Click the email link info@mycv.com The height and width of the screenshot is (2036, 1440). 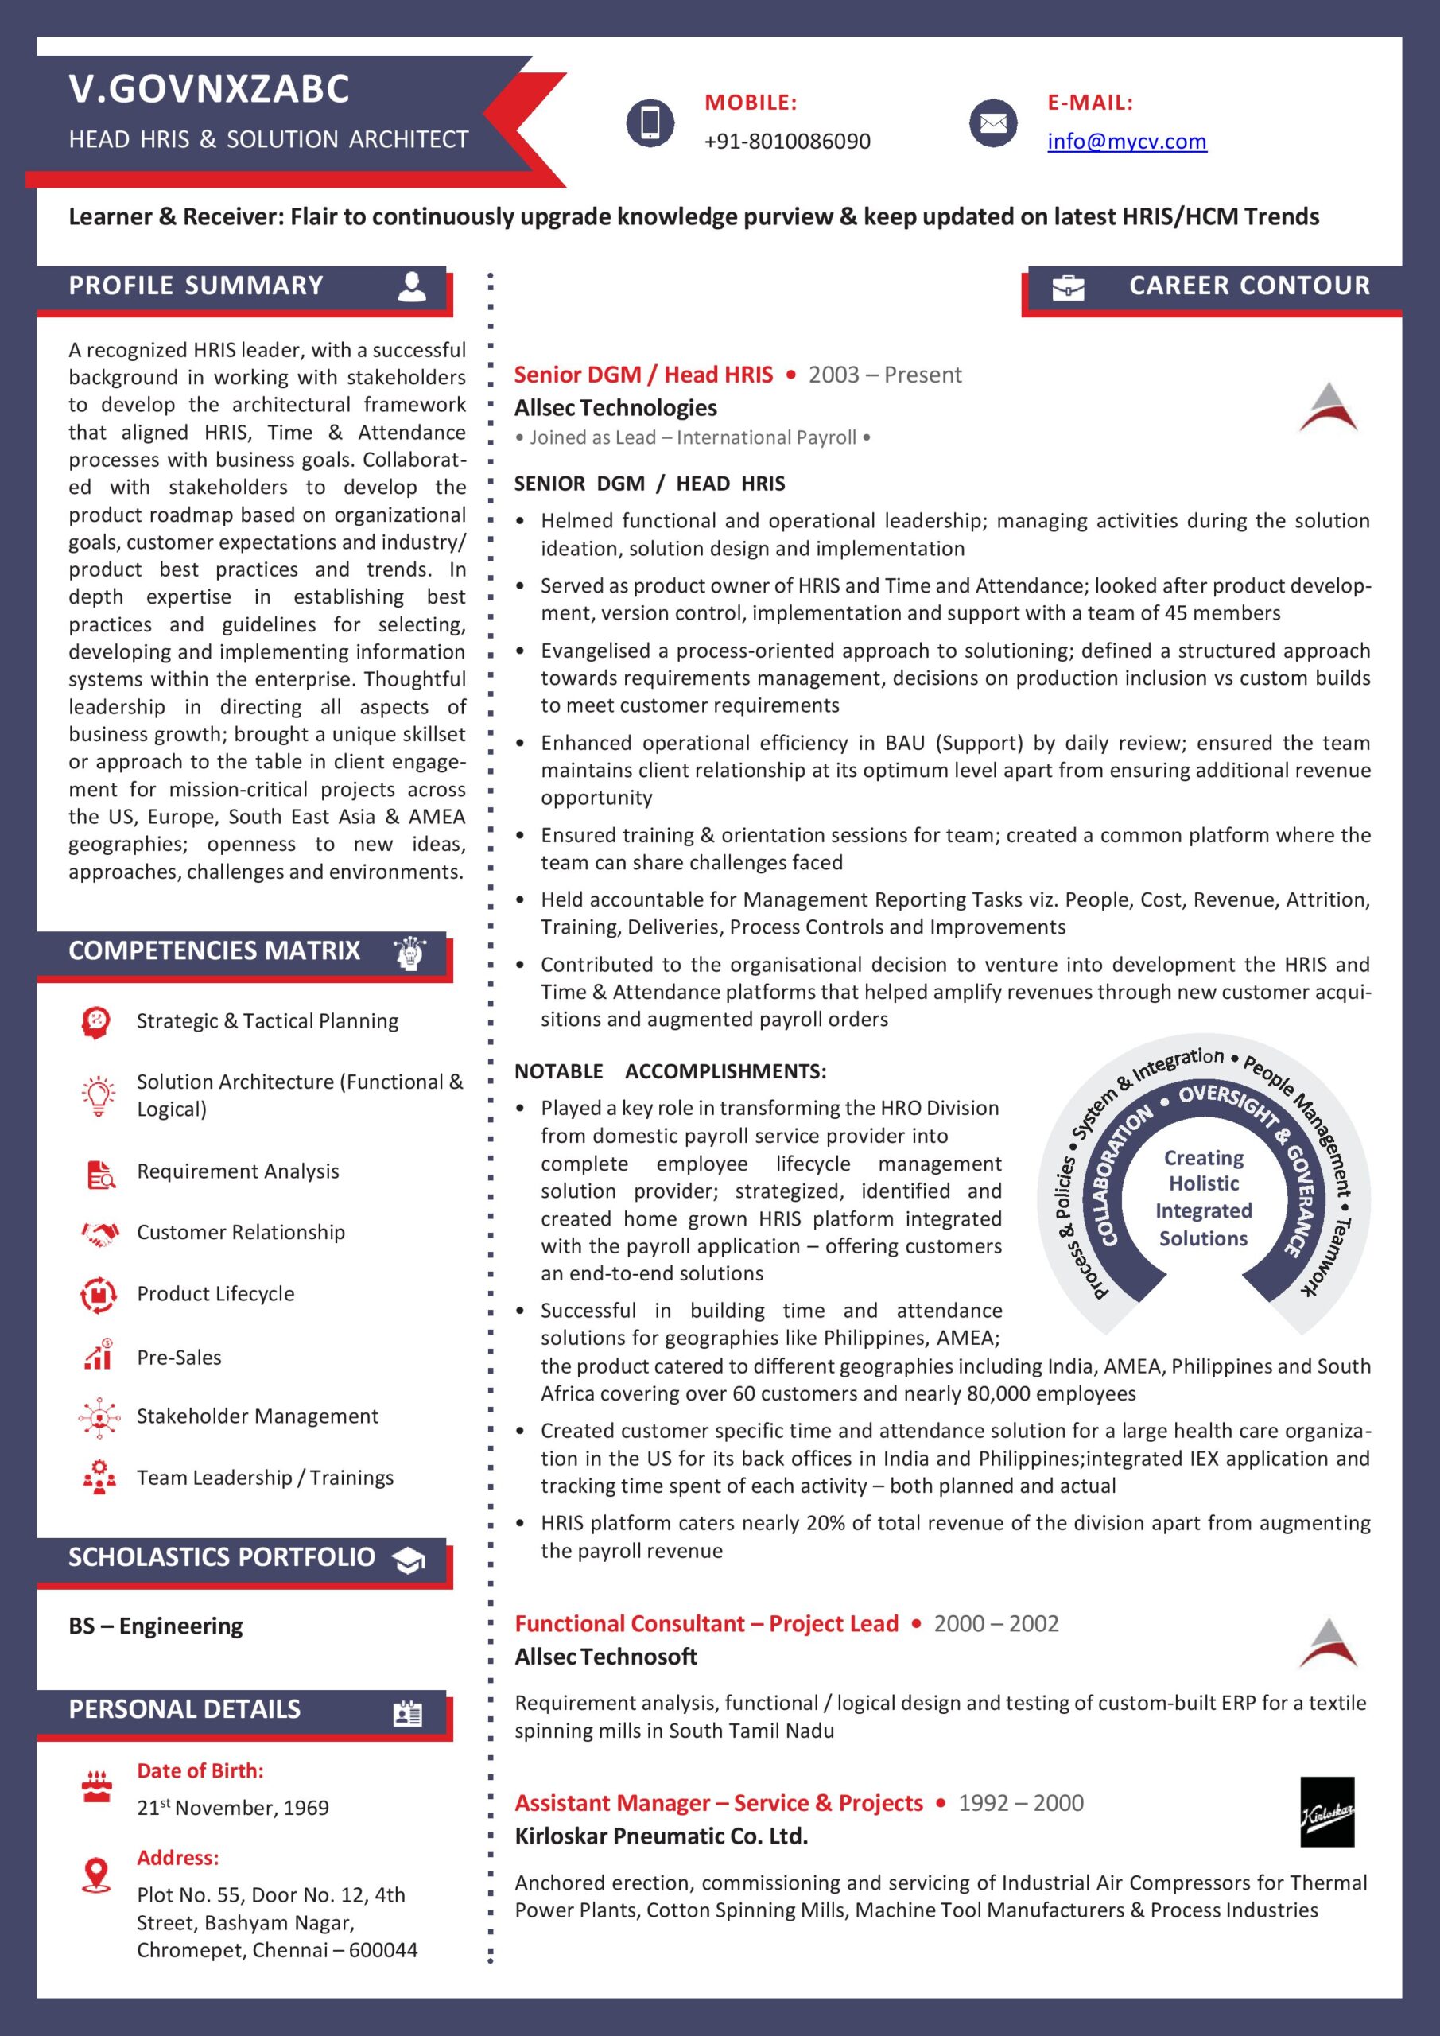[1126, 141]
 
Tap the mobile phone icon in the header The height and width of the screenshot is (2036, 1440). [650, 122]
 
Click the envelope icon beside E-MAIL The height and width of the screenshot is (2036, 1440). [992, 122]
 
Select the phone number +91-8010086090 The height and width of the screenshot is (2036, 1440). [786, 141]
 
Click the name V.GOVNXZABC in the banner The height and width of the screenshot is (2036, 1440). [209, 88]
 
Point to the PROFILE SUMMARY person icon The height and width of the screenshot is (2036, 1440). [411, 286]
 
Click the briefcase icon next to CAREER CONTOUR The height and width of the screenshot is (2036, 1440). [1068, 287]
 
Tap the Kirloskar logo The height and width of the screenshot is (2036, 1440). [1326, 1812]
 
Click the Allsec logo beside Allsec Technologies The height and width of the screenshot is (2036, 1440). [1327, 408]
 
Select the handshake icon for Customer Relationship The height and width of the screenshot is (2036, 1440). [99, 1233]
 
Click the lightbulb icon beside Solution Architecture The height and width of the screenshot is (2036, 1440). [99, 1095]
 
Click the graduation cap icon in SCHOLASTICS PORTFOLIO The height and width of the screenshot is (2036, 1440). [408, 1560]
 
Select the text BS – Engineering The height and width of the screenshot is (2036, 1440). [155, 1626]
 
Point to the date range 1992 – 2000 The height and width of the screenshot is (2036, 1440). [1021, 1802]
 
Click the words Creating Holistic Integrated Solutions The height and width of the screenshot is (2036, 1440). [1203, 1197]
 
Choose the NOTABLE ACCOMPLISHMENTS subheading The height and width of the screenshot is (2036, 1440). [670, 1070]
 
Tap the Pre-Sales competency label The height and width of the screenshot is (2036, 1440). [179, 1357]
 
